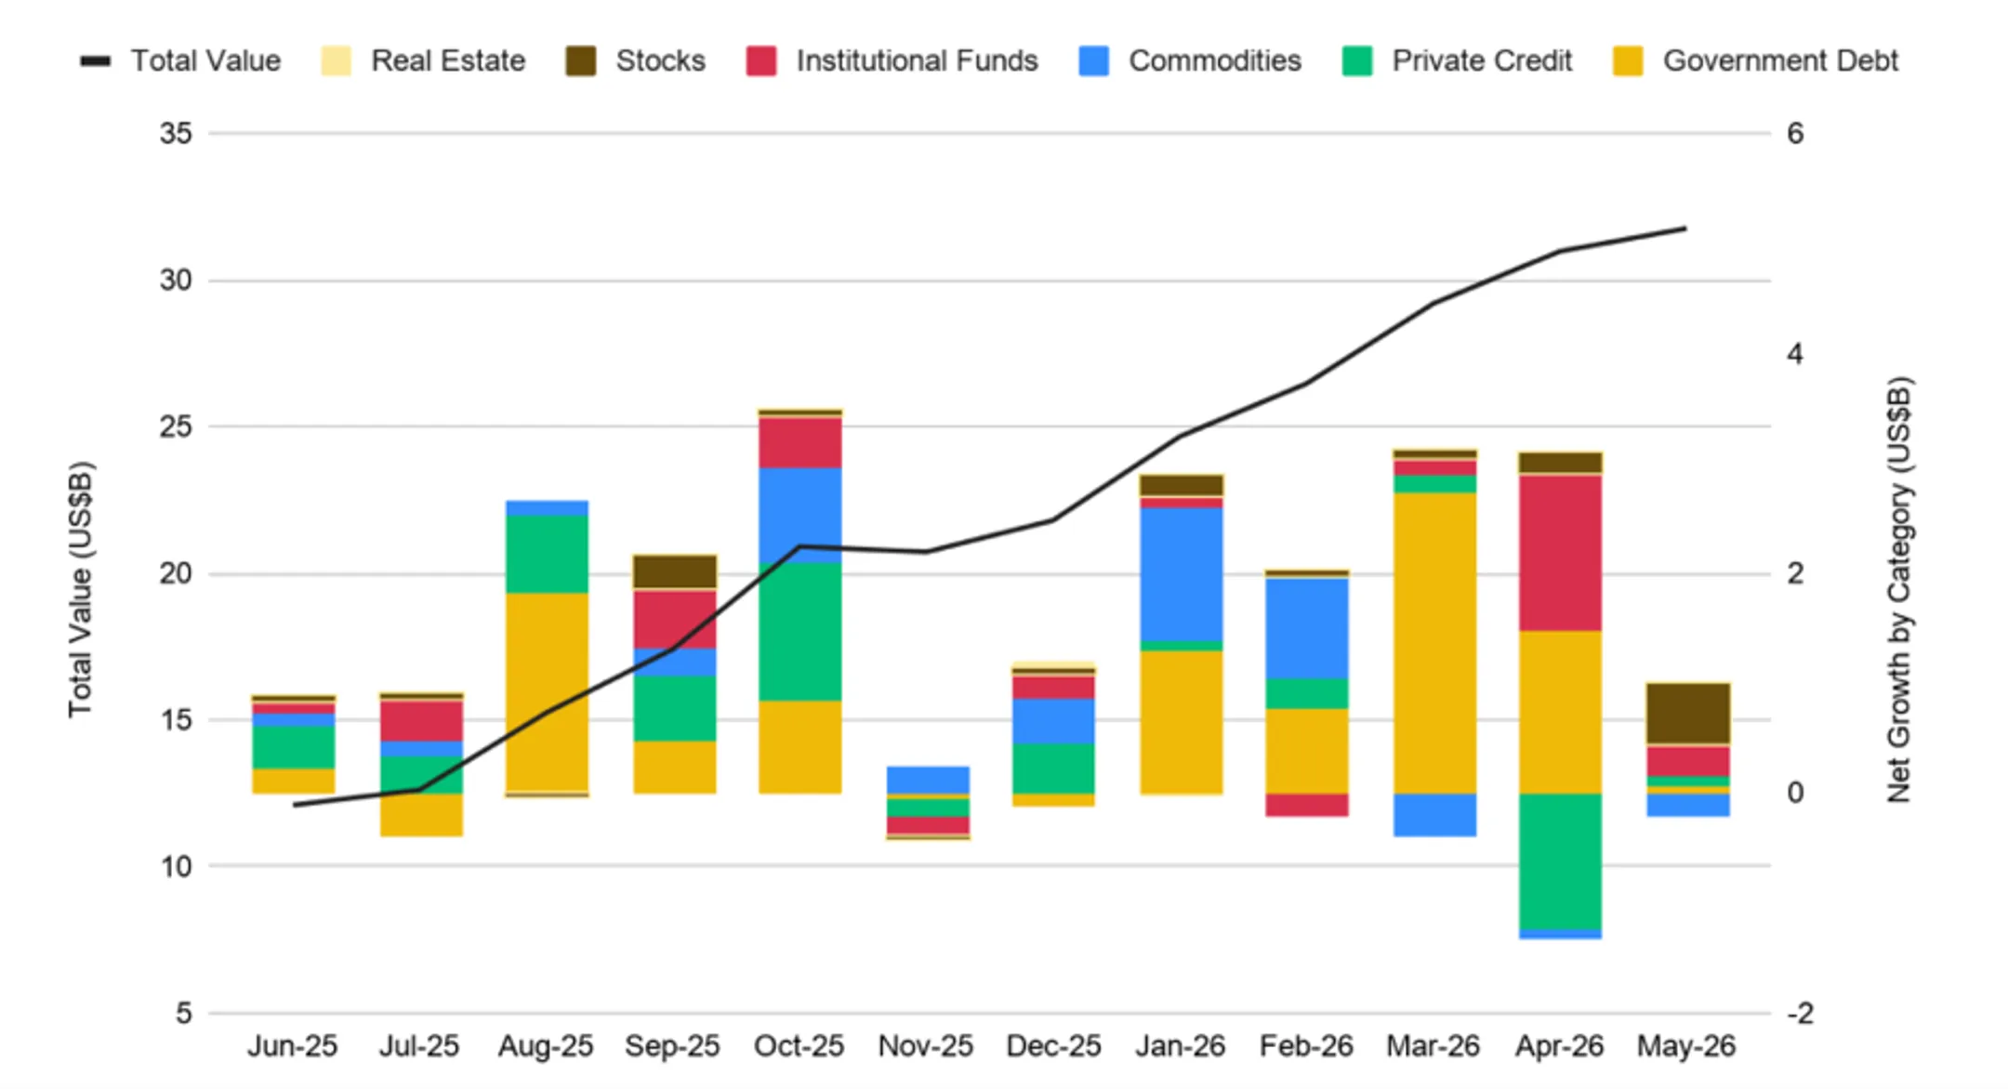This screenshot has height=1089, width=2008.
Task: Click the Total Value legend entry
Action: point(180,61)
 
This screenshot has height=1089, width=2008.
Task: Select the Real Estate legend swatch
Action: point(337,61)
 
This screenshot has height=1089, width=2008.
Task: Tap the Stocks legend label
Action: point(660,61)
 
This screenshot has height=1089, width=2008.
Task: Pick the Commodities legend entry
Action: point(1190,61)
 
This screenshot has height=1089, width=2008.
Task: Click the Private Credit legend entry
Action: point(1458,61)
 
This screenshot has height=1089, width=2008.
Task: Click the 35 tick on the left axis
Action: point(176,134)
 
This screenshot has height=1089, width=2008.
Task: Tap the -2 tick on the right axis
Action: point(1800,1014)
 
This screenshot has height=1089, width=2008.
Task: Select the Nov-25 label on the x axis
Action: point(926,1046)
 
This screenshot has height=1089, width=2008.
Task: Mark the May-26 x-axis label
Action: point(1686,1046)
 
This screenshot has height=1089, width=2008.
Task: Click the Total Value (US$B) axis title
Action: point(81,590)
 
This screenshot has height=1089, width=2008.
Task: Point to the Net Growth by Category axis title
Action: point(1899,590)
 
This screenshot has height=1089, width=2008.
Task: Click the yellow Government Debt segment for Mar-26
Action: point(1435,643)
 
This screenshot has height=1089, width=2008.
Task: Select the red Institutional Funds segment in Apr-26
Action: point(1561,554)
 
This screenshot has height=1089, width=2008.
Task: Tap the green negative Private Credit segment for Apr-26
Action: point(1561,861)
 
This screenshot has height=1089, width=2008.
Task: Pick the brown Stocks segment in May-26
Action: point(1688,714)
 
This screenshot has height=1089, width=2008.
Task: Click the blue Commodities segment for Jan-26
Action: point(1182,574)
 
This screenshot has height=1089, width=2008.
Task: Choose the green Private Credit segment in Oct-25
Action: point(800,632)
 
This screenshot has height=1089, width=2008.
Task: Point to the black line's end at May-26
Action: point(1685,229)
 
